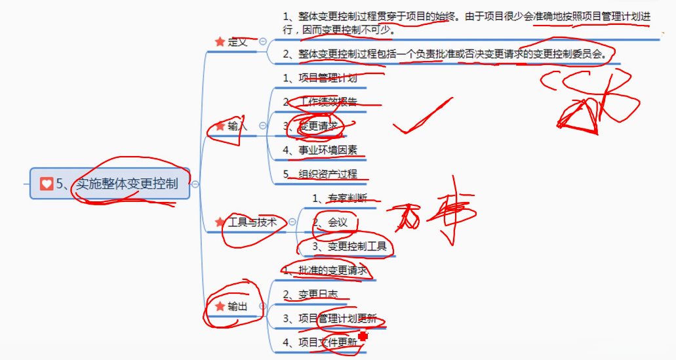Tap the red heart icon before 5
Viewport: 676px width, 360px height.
point(47,184)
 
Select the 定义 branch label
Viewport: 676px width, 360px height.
point(237,42)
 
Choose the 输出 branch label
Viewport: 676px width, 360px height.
point(237,306)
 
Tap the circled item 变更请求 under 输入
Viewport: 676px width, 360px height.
point(319,126)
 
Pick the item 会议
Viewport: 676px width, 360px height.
point(337,222)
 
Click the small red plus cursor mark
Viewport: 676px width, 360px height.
point(363,336)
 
